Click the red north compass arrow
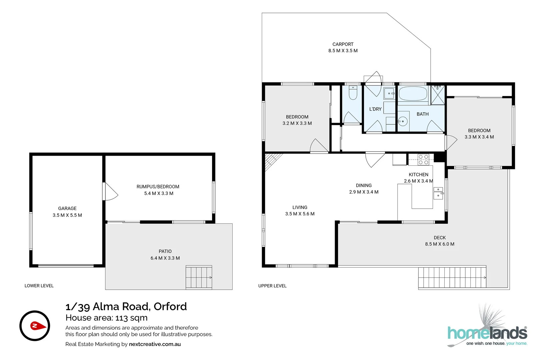tap(38, 326)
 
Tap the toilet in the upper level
tap(353, 93)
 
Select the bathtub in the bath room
tap(413, 94)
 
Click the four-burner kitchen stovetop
tap(423, 160)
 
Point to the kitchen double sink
tap(438, 193)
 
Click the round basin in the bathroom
tap(403, 121)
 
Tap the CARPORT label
tap(343, 44)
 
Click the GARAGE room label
tap(67, 208)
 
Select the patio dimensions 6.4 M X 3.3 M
tap(165, 258)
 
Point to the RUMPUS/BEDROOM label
tap(158, 187)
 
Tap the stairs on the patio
tap(199, 277)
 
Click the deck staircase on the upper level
tap(452, 277)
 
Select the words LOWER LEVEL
tap(39, 286)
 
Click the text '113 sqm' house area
tap(131, 318)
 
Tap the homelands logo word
tap(487, 333)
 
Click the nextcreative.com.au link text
tap(155, 344)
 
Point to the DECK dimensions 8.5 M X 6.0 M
tap(440, 244)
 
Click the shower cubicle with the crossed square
tap(438, 95)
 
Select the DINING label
tap(364, 185)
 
